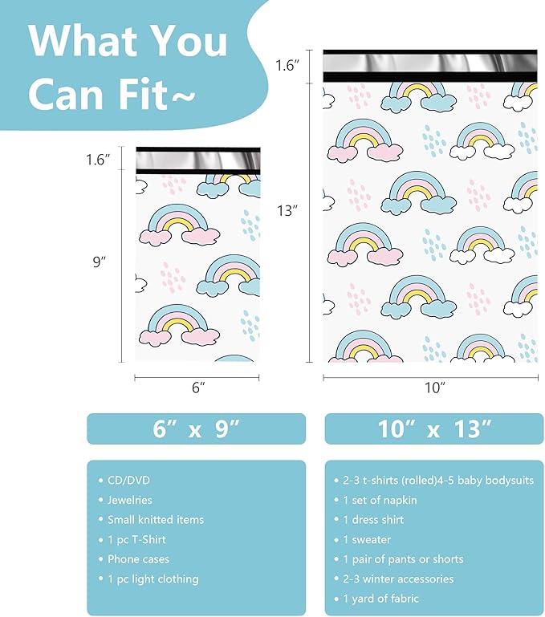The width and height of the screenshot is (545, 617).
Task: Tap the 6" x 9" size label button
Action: coord(196,428)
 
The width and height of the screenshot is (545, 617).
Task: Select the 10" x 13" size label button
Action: coord(433,428)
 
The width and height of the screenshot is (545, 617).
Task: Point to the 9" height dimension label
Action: coord(100,262)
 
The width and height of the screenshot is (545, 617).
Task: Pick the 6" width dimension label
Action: coord(198,387)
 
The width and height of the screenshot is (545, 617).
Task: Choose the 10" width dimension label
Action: coord(434,387)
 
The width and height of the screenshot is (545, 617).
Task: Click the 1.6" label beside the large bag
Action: coord(287,65)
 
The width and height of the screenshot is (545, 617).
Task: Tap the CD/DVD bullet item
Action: coord(129,481)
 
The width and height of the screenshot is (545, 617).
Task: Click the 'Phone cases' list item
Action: coord(138,559)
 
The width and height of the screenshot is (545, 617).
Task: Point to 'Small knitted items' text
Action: coord(156,520)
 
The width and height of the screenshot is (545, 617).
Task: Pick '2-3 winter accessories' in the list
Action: coord(398,578)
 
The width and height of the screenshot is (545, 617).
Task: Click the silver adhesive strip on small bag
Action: coord(197,160)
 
